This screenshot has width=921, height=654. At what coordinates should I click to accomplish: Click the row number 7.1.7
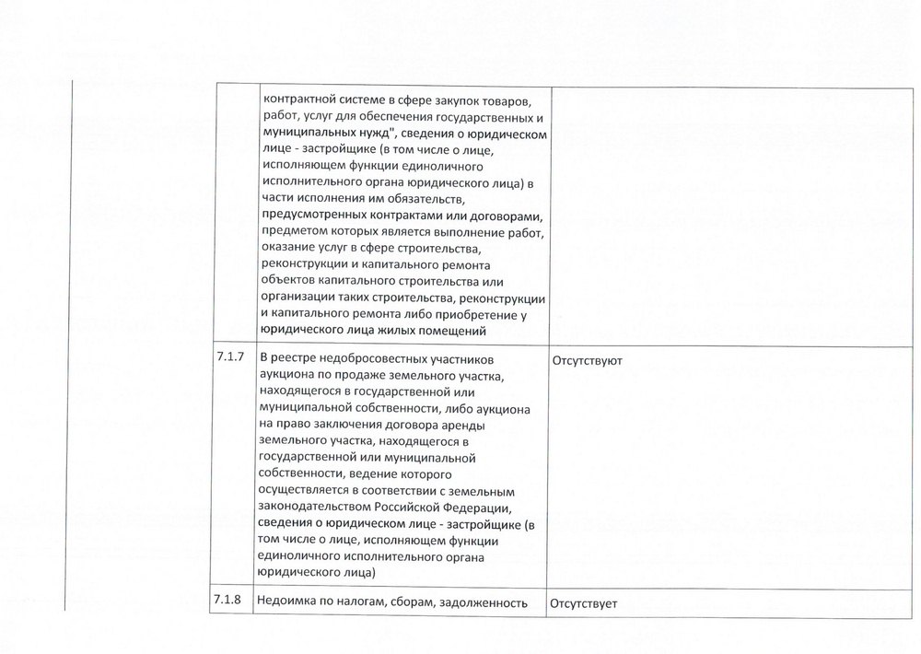229,358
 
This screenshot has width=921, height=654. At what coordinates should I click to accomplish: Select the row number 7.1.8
229,603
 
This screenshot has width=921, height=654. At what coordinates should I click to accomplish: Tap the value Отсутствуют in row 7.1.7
586,360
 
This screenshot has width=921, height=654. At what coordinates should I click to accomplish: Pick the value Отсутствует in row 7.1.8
583,605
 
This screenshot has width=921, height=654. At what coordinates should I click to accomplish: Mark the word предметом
294,232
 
